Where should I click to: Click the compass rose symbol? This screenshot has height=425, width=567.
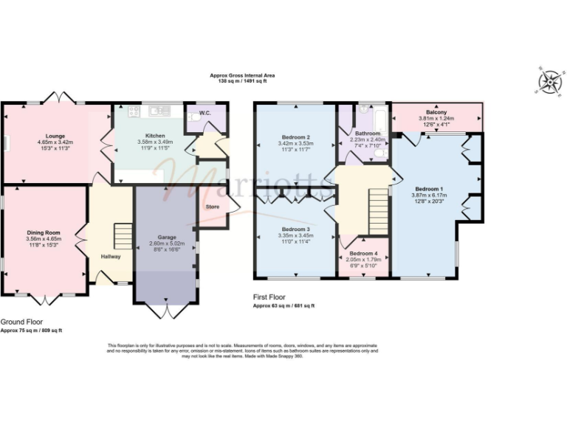coord(549,81)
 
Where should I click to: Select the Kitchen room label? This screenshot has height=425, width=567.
coord(154,136)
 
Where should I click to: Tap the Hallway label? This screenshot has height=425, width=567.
coord(111,256)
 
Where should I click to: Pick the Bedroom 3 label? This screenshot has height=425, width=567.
coord(295,229)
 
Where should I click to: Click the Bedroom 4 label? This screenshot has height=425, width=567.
coord(362,255)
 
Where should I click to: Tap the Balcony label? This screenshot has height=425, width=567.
coord(436,112)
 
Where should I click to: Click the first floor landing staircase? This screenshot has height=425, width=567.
coord(379,201)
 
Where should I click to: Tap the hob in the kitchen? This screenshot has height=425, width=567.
coord(134,111)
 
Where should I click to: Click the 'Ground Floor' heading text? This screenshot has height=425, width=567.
coord(21,322)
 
